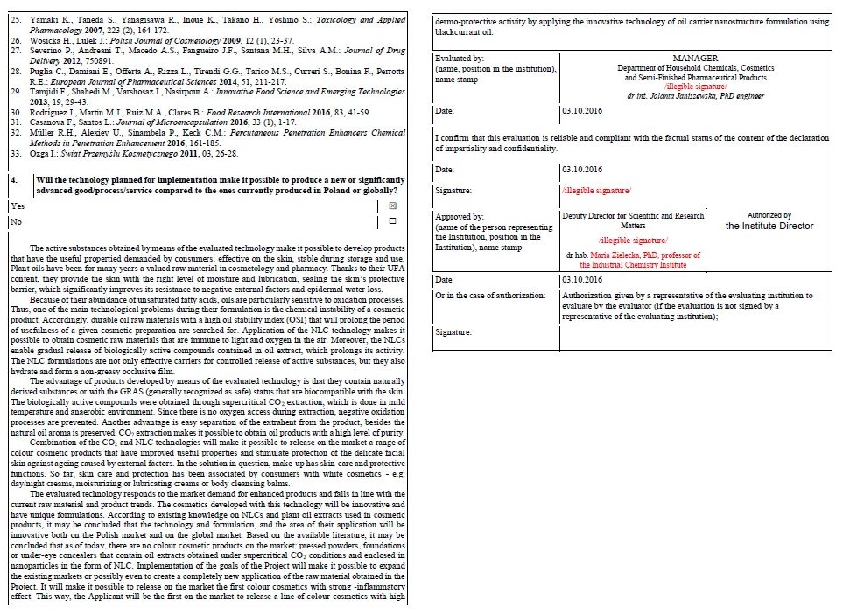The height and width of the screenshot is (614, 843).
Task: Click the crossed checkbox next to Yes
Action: click(392, 205)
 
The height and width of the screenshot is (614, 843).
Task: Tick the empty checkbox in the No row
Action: click(392, 221)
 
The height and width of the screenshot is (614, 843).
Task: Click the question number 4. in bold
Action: click(15, 179)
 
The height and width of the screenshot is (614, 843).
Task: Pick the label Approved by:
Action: click(460, 216)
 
